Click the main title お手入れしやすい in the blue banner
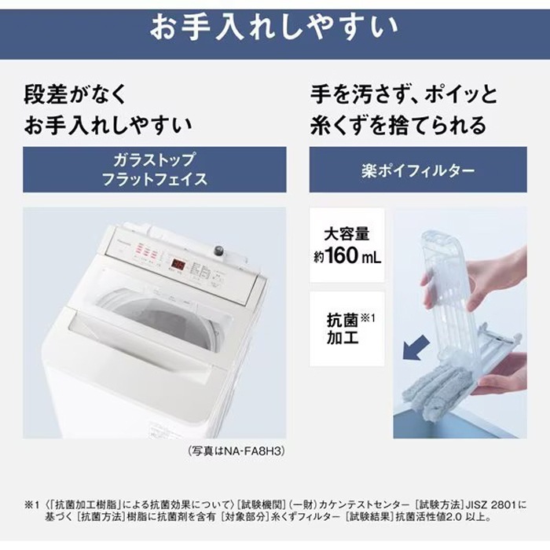pyautogui.click(x=274, y=27)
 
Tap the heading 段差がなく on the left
pyautogui.click(x=75, y=94)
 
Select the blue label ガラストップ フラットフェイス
pyautogui.click(x=154, y=170)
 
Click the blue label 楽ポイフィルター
pyautogui.click(x=418, y=170)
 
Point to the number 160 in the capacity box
pyautogui.click(x=341, y=255)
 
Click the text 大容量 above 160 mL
pyautogui.click(x=346, y=234)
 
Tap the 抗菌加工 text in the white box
pyautogui.click(x=343, y=328)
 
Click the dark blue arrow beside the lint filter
pyautogui.click(x=416, y=347)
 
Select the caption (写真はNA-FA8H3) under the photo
pyautogui.click(x=236, y=451)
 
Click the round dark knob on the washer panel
pyautogui.click(x=218, y=251)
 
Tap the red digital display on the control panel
pyautogui.click(x=178, y=264)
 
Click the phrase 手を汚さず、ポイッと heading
pyautogui.click(x=404, y=94)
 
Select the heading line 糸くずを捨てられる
pyautogui.click(x=398, y=125)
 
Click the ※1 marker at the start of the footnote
pyautogui.click(x=31, y=504)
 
